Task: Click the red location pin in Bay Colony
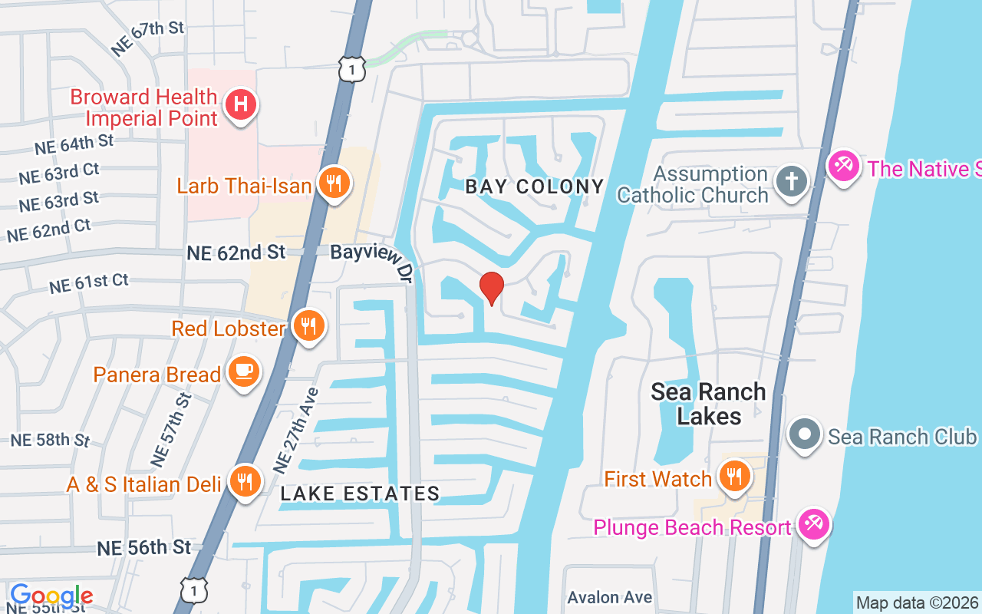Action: pos(491,288)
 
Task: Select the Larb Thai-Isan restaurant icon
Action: pos(333,184)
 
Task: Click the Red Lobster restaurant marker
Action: pos(308,327)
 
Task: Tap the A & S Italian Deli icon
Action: pos(245,482)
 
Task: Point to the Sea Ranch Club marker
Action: pos(805,435)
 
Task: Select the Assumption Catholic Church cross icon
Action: pos(789,183)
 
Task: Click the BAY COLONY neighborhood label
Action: pos(535,187)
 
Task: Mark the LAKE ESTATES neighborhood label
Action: pos(360,494)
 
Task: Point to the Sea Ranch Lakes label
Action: pos(708,404)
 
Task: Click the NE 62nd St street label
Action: pos(236,252)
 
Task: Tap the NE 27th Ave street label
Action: pos(296,429)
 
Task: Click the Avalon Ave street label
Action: pos(610,597)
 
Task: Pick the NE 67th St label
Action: pos(148,38)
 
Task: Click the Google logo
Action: pos(51,596)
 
